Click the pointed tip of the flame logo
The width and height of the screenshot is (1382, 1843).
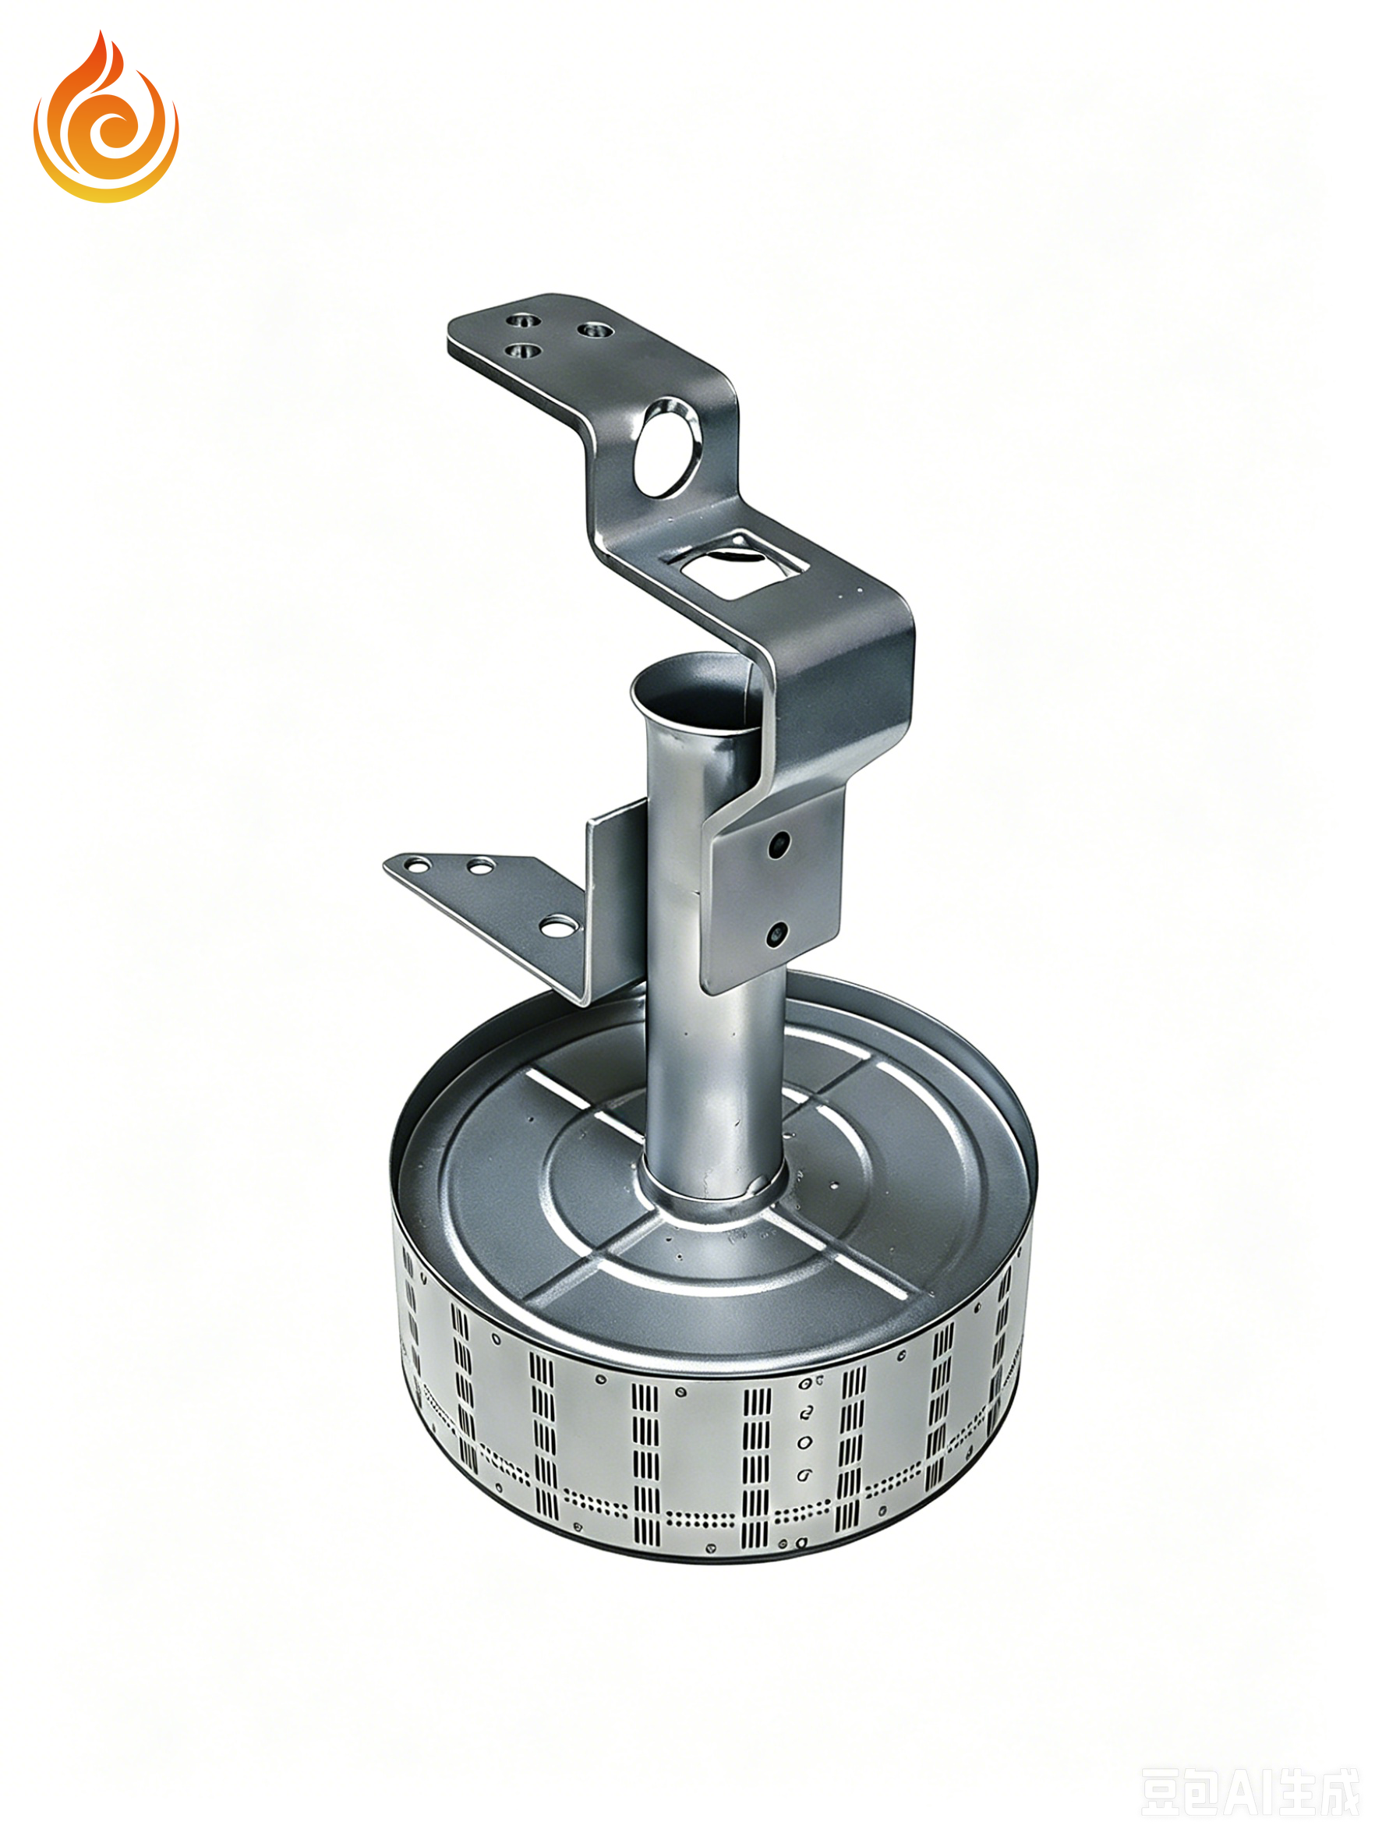pos(100,32)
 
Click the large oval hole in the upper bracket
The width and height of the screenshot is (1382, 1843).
pos(666,447)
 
